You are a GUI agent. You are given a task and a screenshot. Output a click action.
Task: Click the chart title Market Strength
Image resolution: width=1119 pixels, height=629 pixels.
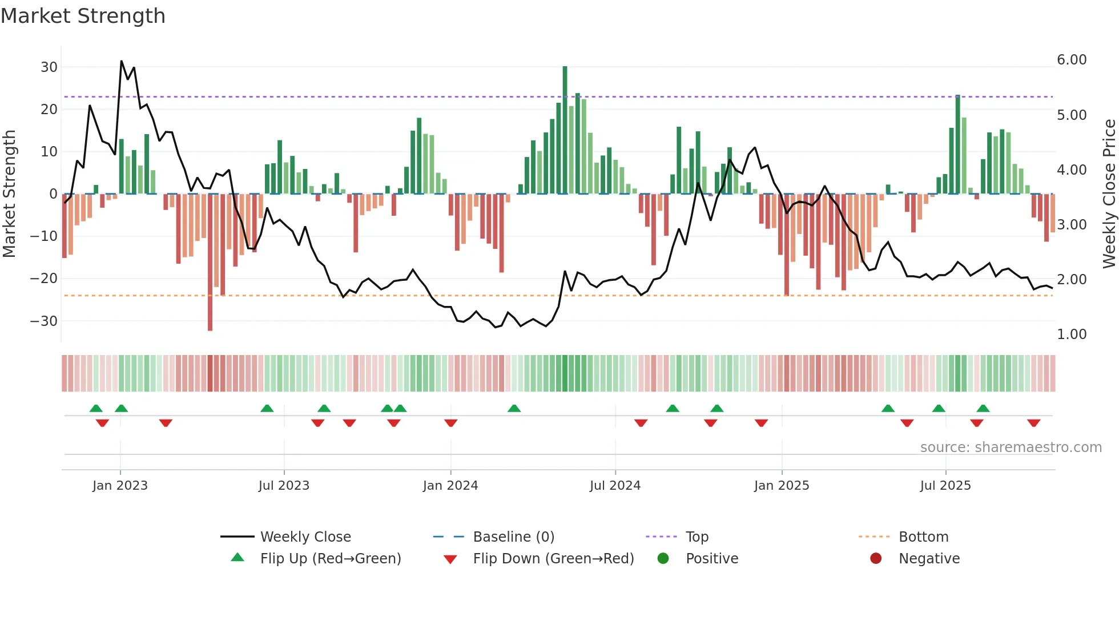pos(83,16)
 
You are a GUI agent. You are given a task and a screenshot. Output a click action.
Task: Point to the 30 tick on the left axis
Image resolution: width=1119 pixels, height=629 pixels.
pos(49,67)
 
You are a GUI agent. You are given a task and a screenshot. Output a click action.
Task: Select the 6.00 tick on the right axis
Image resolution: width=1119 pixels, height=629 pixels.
pos(1072,60)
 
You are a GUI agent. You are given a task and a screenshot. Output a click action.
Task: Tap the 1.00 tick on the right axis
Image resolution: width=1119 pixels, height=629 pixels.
pos(1072,334)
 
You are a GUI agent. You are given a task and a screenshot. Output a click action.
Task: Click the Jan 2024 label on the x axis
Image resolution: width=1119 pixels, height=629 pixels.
pos(450,486)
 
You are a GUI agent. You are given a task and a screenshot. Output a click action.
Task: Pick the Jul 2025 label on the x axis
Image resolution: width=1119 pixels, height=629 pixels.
pos(945,486)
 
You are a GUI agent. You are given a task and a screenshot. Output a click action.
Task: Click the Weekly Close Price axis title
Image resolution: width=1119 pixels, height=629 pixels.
pos(1109,194)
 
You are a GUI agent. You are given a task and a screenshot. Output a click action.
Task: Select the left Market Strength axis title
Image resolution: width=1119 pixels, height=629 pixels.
pos(9,194)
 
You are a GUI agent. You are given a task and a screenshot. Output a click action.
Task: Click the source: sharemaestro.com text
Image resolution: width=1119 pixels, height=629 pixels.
pos(1011,447)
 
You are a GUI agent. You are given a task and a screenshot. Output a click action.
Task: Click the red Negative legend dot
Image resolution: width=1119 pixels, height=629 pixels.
pos(876,559)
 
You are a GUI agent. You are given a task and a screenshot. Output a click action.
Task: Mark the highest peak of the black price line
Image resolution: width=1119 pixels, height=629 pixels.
pos(121,62)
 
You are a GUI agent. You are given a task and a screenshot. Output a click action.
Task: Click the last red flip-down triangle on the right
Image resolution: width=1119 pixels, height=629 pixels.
pos(1033,423)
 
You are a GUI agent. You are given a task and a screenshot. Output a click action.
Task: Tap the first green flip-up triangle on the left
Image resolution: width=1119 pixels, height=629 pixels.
pos(96,408)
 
